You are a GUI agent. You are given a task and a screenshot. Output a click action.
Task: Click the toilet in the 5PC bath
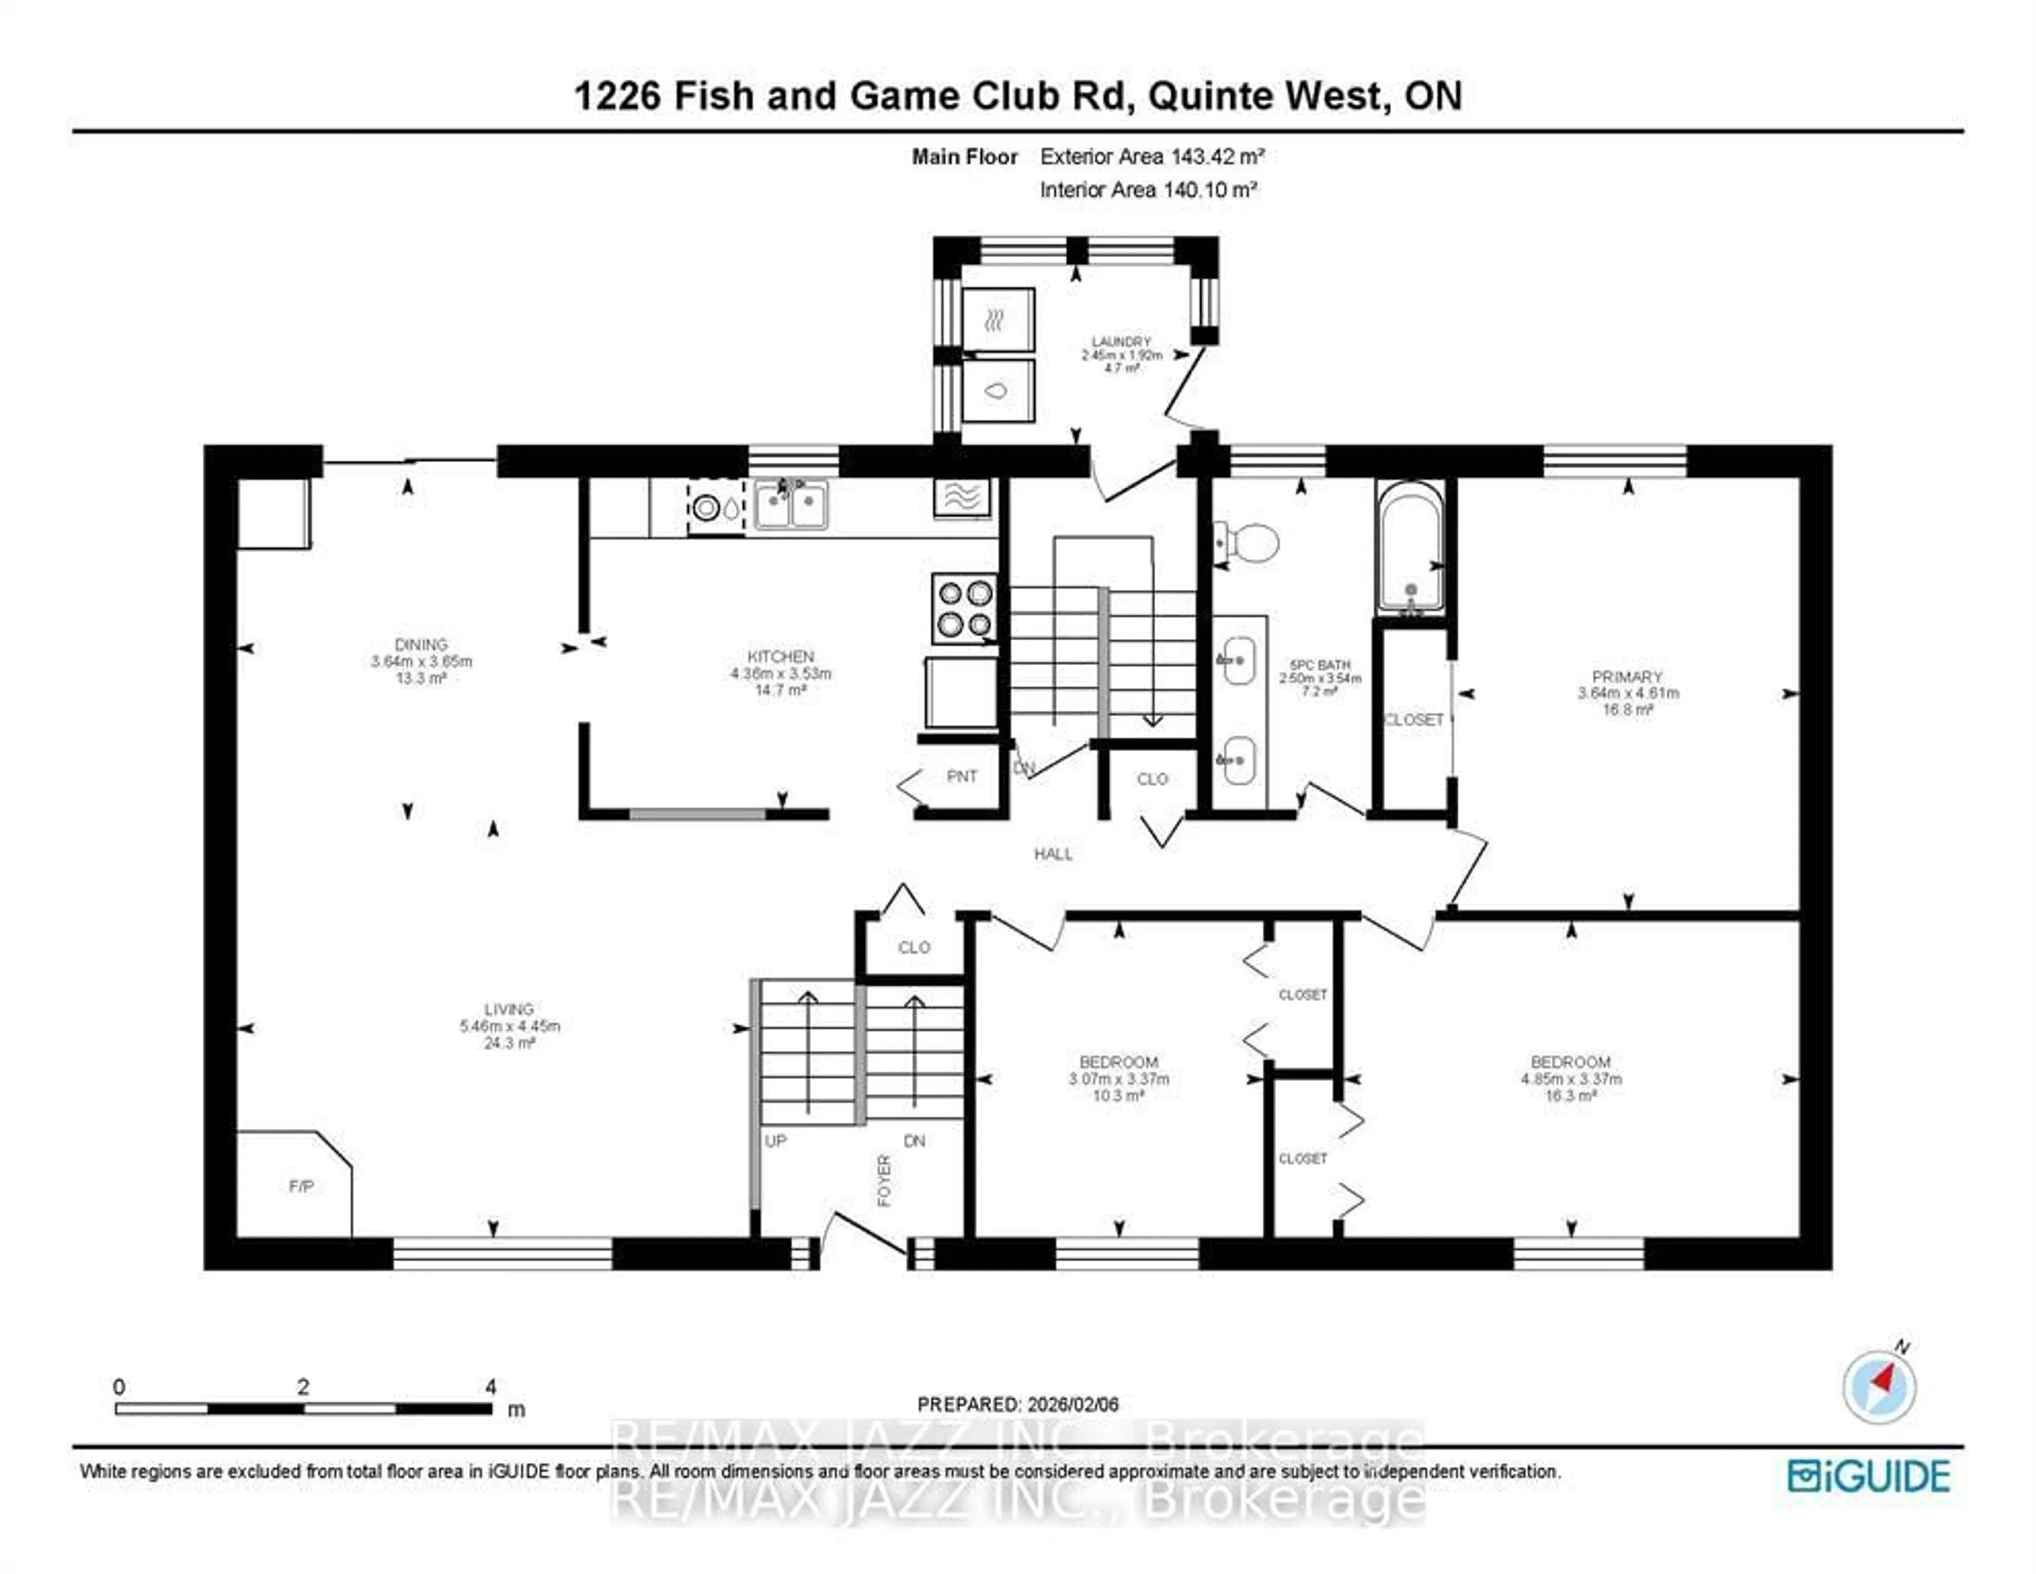click(x=1249, y=542)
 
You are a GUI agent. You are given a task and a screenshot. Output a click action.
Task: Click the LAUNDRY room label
click(x=1121, y=342)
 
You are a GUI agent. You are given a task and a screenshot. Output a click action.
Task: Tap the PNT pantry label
click(x=962, y=776)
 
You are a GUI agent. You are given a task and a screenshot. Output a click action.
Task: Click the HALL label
click(x=1054, y=854)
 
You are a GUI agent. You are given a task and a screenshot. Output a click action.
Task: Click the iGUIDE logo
click(x=1868, y=1476)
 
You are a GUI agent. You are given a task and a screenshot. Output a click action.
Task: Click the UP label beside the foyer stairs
click(x=776, y=1140)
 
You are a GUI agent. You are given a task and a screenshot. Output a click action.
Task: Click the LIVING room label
click(x=509, y=1009)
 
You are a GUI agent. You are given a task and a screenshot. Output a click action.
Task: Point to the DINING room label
click(x=422, y=644)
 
